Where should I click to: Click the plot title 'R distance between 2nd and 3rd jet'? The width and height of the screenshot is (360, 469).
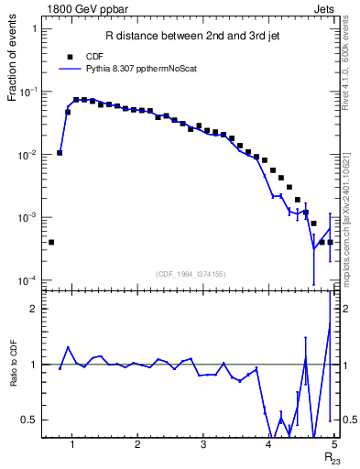pos(188,37)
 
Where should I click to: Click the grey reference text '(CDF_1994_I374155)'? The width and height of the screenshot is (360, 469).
pos(190,273)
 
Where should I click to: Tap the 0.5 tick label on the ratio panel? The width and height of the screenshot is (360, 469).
pos(29,420)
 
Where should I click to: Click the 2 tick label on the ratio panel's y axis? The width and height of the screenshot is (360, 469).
pos(34,309)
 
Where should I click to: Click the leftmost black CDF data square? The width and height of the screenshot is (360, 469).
pos(51,242)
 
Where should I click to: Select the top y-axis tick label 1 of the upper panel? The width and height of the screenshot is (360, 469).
pos(34,29)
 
